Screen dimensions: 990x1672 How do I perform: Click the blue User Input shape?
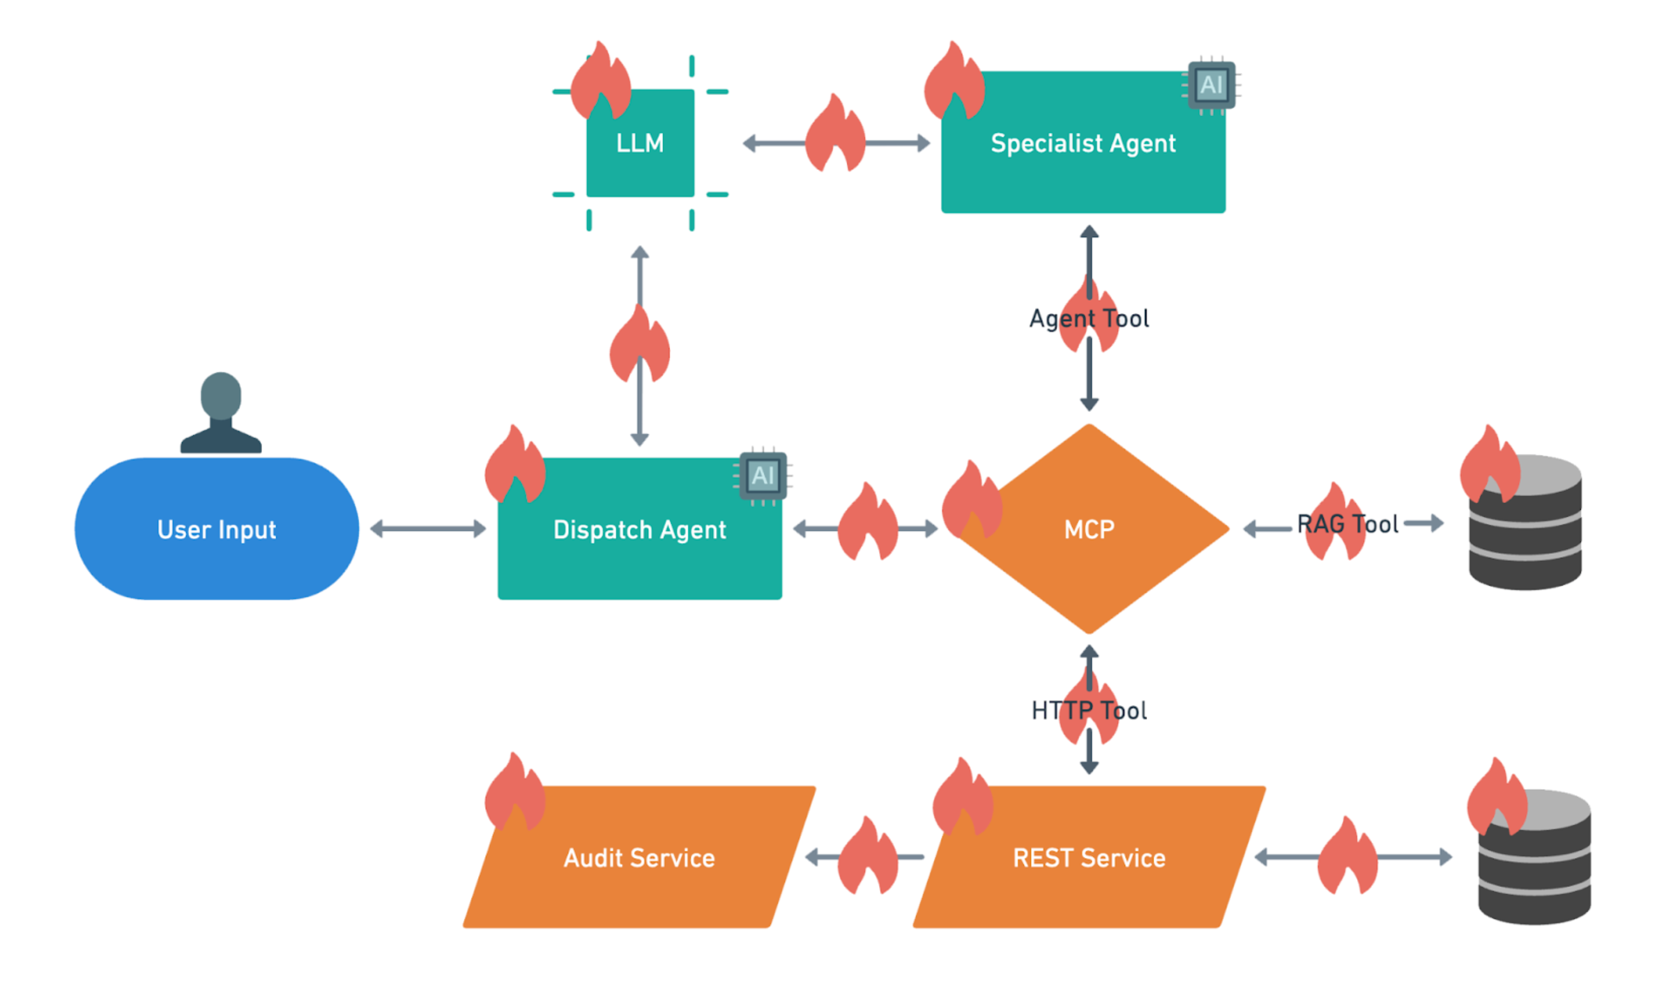click(x=217, y=529)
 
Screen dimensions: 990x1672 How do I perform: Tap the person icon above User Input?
click(x=221, y=414)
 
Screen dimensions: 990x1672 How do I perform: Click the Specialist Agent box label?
click(x=1083, y=143)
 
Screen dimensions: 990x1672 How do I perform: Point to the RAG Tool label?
click(x=1347, y=524)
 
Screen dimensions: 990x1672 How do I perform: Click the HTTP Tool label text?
click(x=1089, y=710)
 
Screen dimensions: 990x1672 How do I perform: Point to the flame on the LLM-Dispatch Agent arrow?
click(x=639, y=347)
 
